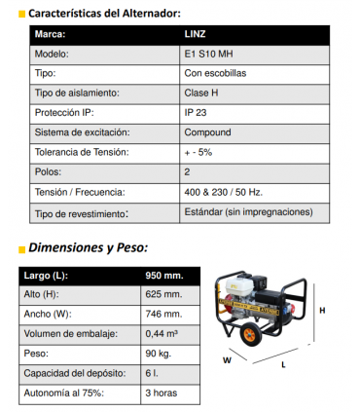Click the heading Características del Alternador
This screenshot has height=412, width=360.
click(x=104, y=13)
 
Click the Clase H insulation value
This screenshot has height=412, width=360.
click(x=200, y=93)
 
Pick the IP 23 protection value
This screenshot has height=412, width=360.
click(x=196, y=112)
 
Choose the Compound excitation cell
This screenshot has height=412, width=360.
click(x=206, y=132)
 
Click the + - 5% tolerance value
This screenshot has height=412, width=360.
click(x=198, y=152)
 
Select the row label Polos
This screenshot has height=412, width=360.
click(x=48, y=171)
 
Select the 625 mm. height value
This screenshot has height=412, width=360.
click(x=163, y=294)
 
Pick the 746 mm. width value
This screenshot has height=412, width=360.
click(x=163, y=314)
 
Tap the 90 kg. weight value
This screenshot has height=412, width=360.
click(x=158, y=353)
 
